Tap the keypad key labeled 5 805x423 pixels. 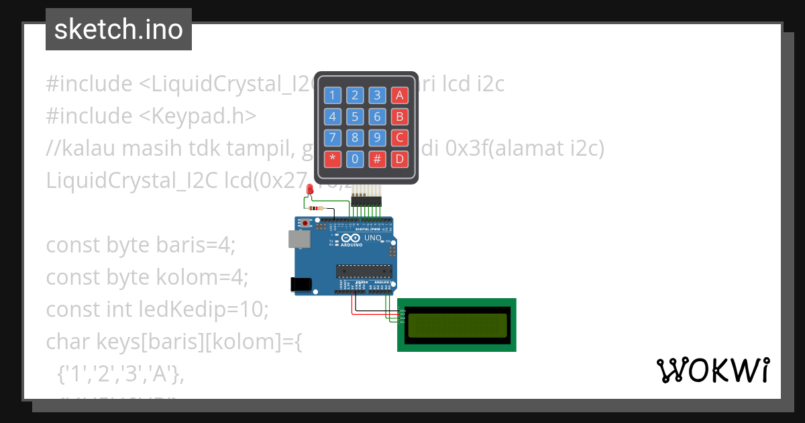click(x=355, y=117)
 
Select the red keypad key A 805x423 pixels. click(x=400, y=95)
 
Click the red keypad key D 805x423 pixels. click(x=400, y=160)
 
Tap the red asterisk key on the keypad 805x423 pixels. click(x=332, y=160)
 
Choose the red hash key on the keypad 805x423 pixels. click(x=378, y=160)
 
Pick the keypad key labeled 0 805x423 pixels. click(x=355, y=160)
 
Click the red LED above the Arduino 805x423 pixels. click(x=309, y=191)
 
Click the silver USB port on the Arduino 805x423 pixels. click(x=299, y=240)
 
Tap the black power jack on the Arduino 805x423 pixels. click(x=302, y=284)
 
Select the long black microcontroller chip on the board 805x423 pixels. click(x=363, y=271)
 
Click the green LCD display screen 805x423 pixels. click(x=457, y=325)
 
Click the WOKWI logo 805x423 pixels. click(x=712, y=370)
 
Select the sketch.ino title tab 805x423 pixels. click(x=119, y=30)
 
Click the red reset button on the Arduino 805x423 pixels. click(x=306, y=223)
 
